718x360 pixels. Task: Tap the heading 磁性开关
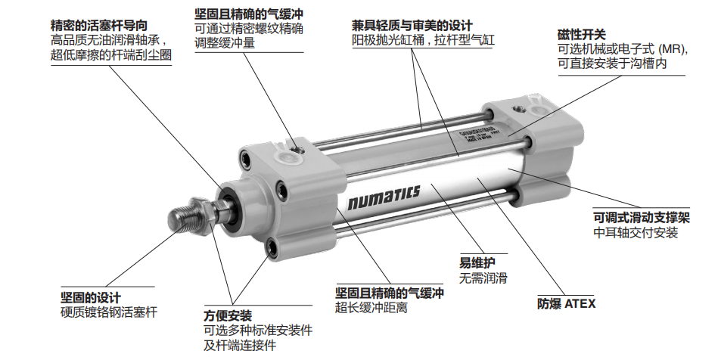[581, 34]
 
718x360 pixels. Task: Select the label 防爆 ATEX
[566, 303]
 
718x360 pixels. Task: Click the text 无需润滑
[483, 278]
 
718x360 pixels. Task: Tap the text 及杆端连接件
[239, 346]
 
